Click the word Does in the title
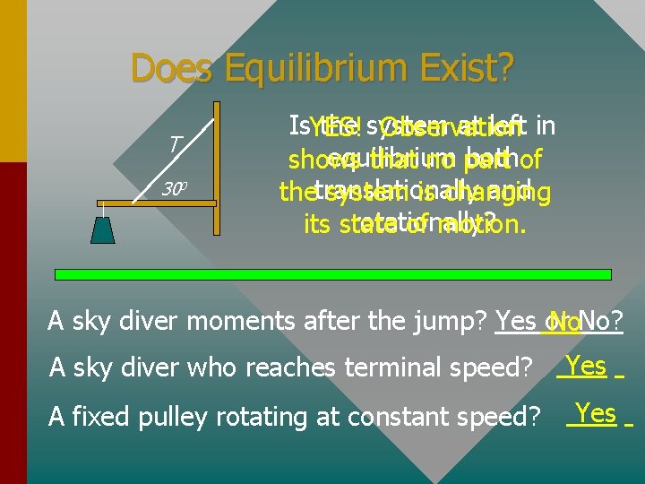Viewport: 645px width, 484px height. [x=170, y=69]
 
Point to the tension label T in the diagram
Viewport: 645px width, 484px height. [x=176, y=144]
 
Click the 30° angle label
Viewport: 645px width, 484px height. [x=174, y=189]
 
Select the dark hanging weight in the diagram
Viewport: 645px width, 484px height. [x=104, y=229]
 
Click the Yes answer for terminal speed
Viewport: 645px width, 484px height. [x=587, y=366]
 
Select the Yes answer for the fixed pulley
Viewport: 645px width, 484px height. [x=596, y=413]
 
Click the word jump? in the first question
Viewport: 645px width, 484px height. [x=456, y=321]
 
